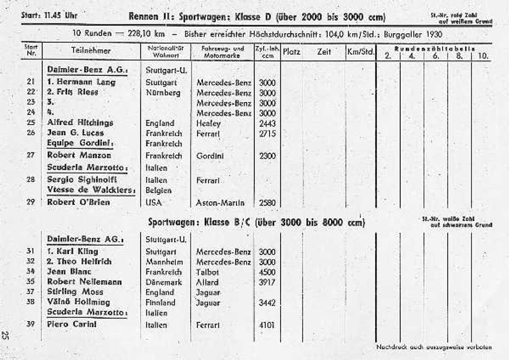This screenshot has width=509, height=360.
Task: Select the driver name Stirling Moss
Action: coord(75,292)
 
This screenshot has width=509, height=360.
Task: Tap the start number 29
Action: coord(30,202)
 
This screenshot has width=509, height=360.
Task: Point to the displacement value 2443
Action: coord(267,123)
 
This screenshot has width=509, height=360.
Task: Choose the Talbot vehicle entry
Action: coord(207,272)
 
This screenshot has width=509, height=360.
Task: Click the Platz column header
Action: coord(291,52)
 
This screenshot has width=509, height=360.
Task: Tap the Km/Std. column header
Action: coord(361,52)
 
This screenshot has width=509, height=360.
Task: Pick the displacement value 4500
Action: coord(267,272)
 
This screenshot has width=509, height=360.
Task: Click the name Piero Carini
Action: coord(72,324)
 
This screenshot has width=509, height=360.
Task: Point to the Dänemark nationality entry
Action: coord(164,282)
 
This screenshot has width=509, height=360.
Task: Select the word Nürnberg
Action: coord(162,93)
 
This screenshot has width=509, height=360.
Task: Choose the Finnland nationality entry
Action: coord(160,302)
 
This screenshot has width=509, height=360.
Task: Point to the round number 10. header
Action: coord(483,56)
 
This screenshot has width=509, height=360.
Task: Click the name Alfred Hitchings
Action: coord(80,123)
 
